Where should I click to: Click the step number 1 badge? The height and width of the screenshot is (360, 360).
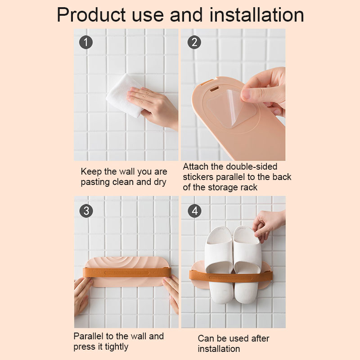[x=86, y=42]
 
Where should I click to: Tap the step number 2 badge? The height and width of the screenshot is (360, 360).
[x=194, y=42]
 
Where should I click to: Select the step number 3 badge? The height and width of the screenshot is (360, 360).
[x=86, y=211]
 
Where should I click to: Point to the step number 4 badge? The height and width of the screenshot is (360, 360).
[x=195, y=211]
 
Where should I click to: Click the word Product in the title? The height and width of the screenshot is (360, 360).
[x=91, y=15]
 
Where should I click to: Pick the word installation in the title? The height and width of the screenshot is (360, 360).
[x=257, y=15]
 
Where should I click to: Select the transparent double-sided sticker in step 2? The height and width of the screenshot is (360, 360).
[x=232, y=108]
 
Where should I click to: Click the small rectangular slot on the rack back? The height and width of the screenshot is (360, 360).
[x=214, y=88]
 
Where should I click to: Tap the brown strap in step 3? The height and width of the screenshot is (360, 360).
[x=127, y=273]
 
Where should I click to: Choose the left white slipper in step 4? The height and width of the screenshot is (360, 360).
[x=219, y=264]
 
